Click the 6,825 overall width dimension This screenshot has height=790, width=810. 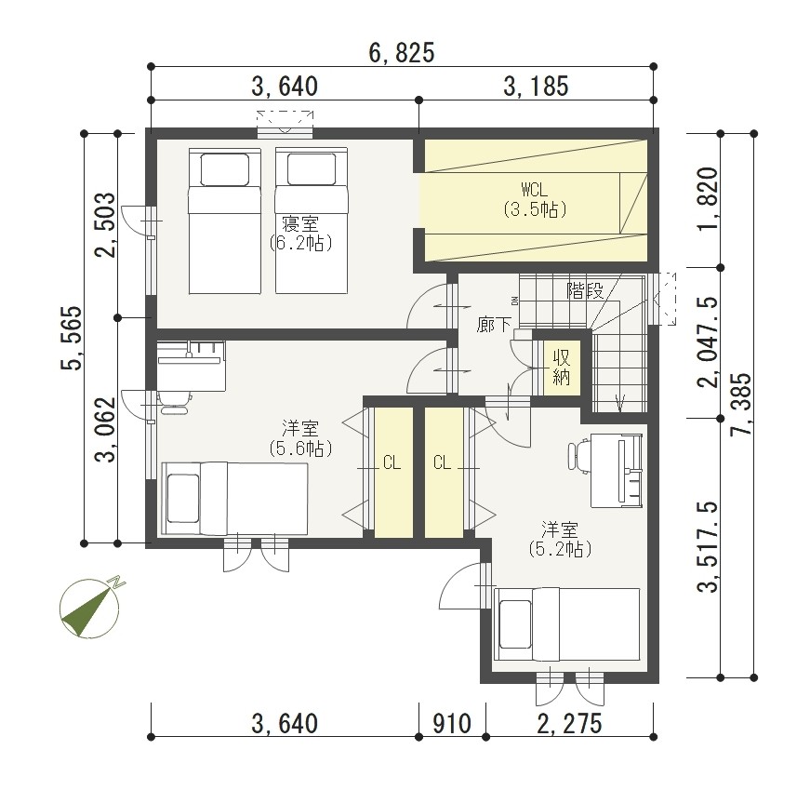point(402,53)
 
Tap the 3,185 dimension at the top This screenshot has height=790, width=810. point(536,87)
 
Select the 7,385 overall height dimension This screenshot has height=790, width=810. point(740,405)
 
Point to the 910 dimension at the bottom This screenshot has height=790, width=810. point(451,724)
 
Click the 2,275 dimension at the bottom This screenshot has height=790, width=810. point(569,724)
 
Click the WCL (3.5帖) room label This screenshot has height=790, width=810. point(535,199)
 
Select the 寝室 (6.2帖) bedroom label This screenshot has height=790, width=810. point(300,234)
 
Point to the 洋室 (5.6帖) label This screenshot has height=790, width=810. point(300,438)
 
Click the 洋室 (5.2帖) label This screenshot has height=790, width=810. point(560,540)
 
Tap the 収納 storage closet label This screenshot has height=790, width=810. point(561,368)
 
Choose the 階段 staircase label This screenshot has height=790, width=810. point(585,290)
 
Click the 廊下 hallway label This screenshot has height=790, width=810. point(494,325)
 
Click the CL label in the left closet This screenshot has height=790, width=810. point(392,462)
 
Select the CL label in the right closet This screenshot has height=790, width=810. point(442,462)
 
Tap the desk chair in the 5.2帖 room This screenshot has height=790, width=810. point(578,456)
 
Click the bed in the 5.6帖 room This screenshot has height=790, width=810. point(235,499)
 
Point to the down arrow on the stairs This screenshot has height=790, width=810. point(620,401)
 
